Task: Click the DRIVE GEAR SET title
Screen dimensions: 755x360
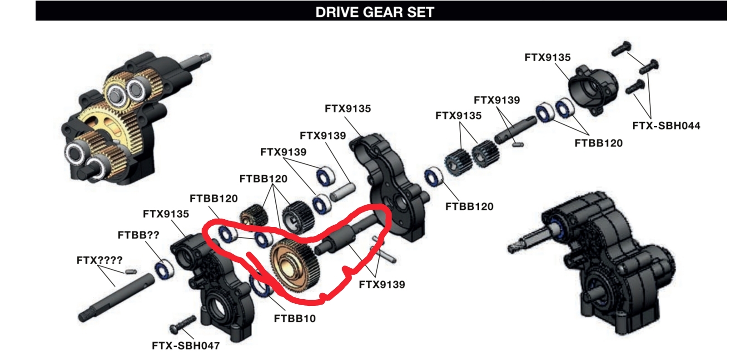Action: (x=375, y=12)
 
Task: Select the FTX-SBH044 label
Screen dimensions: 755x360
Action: (x=666, y=126)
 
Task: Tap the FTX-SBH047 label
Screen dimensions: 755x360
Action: (x=186, y=345)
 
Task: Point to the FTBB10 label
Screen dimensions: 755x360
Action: (x=294, y=318)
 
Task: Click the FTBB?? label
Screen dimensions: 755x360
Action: (x=138, y=235)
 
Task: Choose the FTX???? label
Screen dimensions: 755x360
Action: (x=99, y=260)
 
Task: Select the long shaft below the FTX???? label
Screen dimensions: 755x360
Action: (x=116, y=297)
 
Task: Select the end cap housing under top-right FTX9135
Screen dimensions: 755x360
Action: (x=594, y=90)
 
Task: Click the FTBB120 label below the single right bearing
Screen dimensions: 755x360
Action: (x=469, y=207)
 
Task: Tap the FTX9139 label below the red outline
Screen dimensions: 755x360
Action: (x=382, y=285)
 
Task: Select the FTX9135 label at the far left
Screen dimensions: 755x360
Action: (x=166, y=214)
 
